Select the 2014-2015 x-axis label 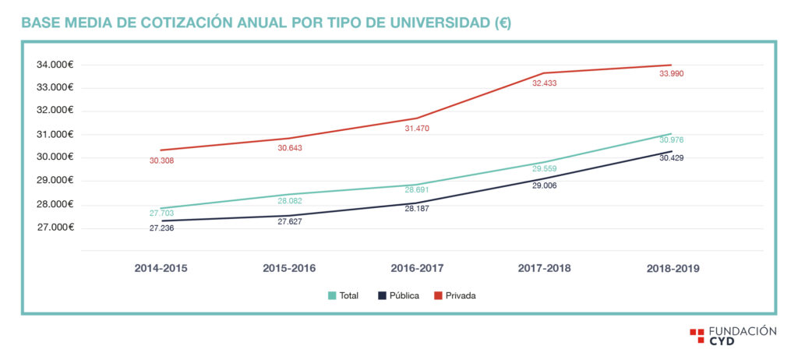coord(161,268)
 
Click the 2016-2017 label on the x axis coord(416,268)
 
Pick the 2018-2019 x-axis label coord(673,268)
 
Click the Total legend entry coord(344,296)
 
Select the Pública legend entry coord(398,296)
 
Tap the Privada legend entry coord(454,296)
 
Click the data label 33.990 coord(672,74)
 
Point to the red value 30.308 coord(161,161)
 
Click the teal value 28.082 coord(290,200)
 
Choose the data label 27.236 coord(161,228)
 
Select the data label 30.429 coord(672,158)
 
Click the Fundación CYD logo coord(733,336)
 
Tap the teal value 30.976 coord(672,140)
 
